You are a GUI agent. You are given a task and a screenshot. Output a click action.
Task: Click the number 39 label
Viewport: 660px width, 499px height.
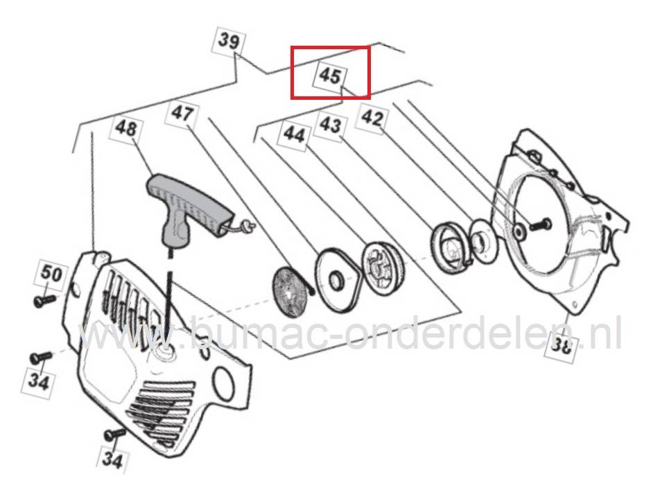229,41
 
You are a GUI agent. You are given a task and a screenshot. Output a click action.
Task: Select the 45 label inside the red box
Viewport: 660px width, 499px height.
331,76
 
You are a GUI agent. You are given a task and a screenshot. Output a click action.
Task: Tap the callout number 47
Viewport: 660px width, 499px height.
182,113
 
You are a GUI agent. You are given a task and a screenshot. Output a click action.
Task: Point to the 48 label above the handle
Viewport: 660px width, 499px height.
126,128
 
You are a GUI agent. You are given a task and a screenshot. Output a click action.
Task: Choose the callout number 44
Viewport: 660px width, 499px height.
294,134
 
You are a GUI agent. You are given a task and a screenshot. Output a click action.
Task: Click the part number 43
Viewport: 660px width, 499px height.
330,125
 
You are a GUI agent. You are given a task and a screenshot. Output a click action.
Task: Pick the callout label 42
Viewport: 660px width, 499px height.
372,119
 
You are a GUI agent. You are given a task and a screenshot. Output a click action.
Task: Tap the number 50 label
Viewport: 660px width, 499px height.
51,274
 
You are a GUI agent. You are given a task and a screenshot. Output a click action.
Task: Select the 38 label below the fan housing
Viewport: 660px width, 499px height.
561,346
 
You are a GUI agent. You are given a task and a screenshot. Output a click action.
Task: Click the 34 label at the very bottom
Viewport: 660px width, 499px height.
112,460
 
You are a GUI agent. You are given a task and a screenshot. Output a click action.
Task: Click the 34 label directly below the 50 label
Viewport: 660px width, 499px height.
39,382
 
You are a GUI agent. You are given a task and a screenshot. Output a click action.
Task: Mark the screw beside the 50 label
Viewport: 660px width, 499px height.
44,300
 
